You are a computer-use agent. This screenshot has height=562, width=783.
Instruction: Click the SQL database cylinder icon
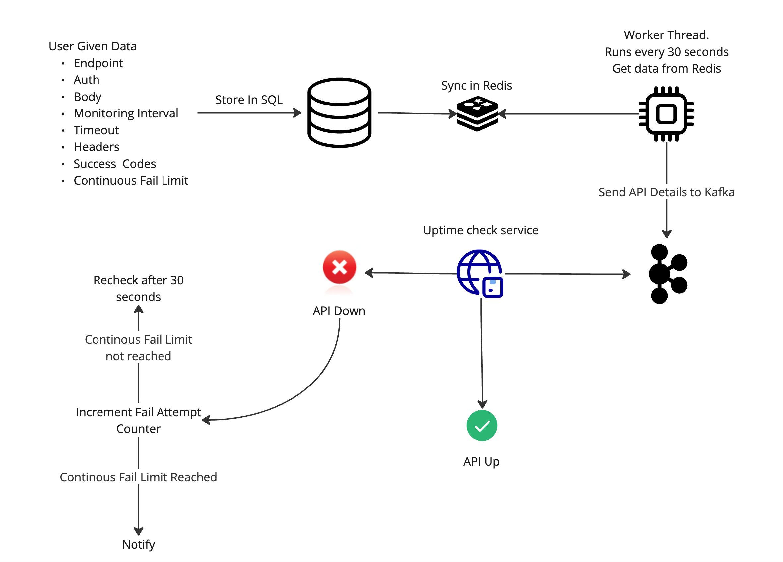(x=339, y=112)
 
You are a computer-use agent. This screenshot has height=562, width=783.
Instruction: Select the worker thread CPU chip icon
(x=666, y=114)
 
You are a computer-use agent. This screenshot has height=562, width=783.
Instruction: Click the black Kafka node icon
(x=668, y=274)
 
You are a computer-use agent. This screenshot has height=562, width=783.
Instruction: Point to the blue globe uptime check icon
(x=480, y=273)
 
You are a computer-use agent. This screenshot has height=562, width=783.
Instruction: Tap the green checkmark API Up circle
(x=482, y=425)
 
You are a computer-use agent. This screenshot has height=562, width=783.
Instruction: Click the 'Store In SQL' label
(x=249, y=100)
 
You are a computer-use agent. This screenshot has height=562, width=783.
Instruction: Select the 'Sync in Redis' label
(x=477, y=85)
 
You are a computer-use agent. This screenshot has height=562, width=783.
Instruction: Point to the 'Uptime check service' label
(x=481, y=230)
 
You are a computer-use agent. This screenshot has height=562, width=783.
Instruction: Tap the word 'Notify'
(x=138, y=545)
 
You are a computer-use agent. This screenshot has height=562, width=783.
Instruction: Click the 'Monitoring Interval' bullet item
(x=126, y=113)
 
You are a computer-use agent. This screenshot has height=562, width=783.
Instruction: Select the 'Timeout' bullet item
(x=96, y=130)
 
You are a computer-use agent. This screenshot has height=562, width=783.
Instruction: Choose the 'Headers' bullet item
(x=96, y=147)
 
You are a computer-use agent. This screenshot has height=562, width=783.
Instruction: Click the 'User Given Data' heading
(x=93, y=46)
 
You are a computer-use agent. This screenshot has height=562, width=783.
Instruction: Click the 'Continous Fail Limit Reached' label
(x=138, y=477)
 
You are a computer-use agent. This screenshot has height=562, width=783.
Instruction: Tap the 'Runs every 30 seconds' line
(x=666, y=52)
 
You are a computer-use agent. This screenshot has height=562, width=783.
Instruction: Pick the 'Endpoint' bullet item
(x=98, y=63)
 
